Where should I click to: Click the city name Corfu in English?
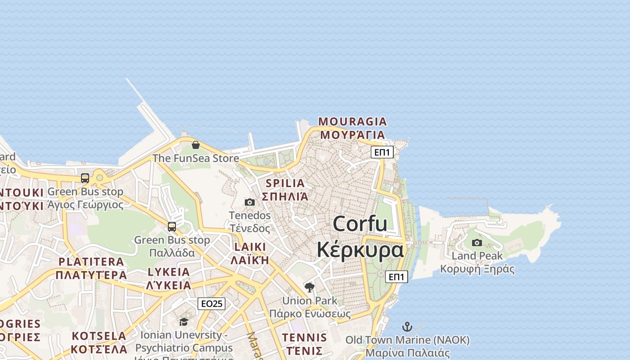[360, 224]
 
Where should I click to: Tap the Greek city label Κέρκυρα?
[360, 250]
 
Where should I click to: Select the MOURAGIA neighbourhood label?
[352, 121]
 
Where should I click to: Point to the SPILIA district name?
[285, 184]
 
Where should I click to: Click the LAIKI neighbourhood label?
[250, 247]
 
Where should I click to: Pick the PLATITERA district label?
[91, 261]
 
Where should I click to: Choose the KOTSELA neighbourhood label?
[99, 336]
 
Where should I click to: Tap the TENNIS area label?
[305, 337]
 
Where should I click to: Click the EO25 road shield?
[211, 304]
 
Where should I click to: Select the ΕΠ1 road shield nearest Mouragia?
[382, 152]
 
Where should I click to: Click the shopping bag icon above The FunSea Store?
[196, 145]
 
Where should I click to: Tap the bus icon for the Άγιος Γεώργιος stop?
[85, 178]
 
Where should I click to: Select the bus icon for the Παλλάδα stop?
[172, 226]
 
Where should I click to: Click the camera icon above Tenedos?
[250, 202]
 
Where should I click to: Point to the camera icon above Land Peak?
[477, 243]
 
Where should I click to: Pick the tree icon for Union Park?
[310, 287]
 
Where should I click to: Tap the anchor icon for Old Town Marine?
[407, 327]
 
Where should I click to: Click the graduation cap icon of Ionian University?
[184, 322]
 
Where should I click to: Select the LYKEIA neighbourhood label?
[169, 272]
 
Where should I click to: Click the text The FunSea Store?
[196, 158]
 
